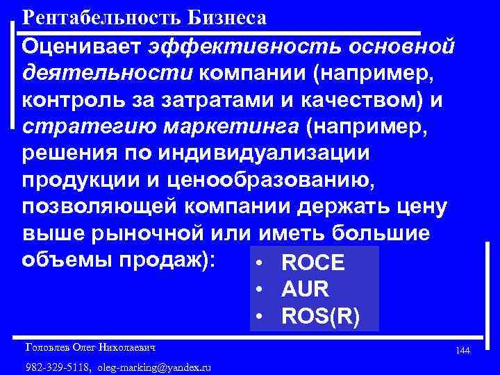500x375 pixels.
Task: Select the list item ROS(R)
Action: (321, 316)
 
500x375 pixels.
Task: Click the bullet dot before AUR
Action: (258, 290)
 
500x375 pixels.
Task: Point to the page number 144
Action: (462, 352)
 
